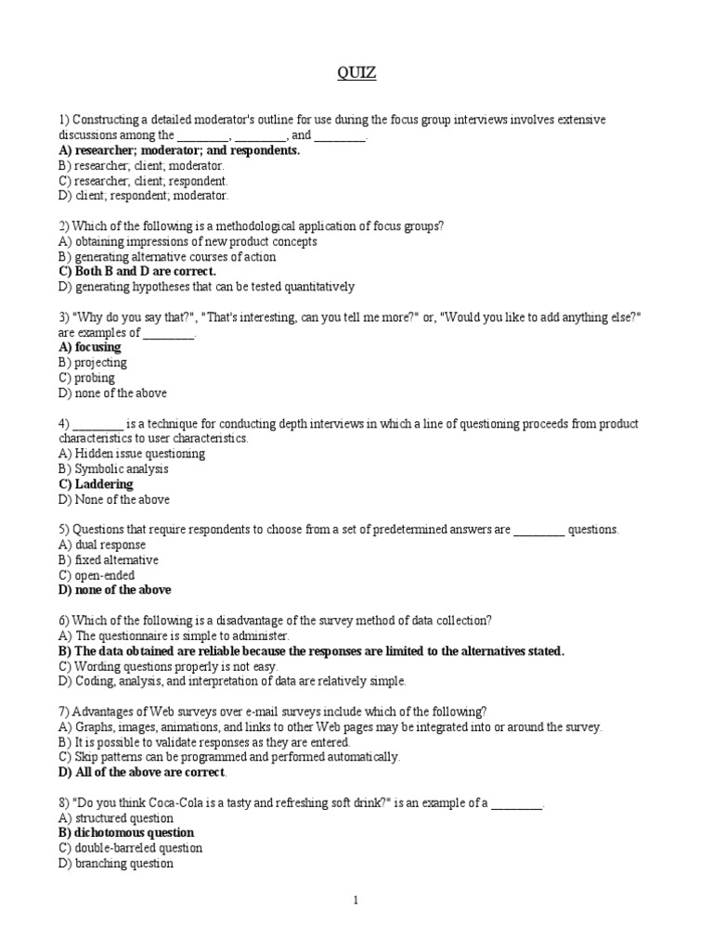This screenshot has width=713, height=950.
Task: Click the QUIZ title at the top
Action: [356, 73]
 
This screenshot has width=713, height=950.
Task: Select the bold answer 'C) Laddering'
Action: [96, 484]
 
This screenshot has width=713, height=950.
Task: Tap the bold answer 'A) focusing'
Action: [90, 347]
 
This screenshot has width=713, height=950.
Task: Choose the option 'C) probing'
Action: [86, 378]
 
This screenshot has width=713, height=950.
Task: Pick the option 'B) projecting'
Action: [92, 363]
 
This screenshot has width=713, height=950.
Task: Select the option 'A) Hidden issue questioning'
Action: [131, 454]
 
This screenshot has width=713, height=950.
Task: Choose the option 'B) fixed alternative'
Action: [108, 560]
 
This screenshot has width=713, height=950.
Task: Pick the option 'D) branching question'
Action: [115, 864]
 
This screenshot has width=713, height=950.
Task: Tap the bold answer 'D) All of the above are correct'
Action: [141, 772]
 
